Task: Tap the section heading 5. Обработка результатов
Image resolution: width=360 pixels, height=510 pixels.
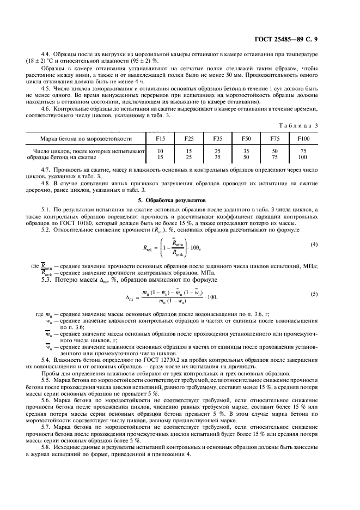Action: click(171, 201)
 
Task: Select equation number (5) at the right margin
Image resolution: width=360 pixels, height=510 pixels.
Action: click(314, 294)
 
